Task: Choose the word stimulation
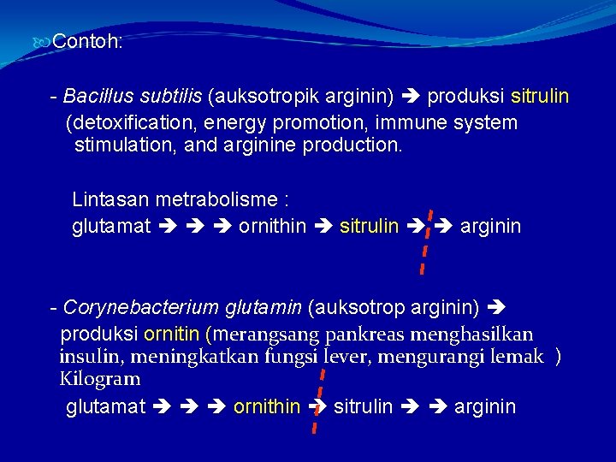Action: coord(125,145)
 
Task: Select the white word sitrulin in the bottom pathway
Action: coord(363,406)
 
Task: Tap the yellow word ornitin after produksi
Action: coord(172,334)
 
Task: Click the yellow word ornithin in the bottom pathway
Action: coord(267,406)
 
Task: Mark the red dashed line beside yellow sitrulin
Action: coord(426,240)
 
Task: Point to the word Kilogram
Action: coord(99,378)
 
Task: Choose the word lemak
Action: coord(517,356)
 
